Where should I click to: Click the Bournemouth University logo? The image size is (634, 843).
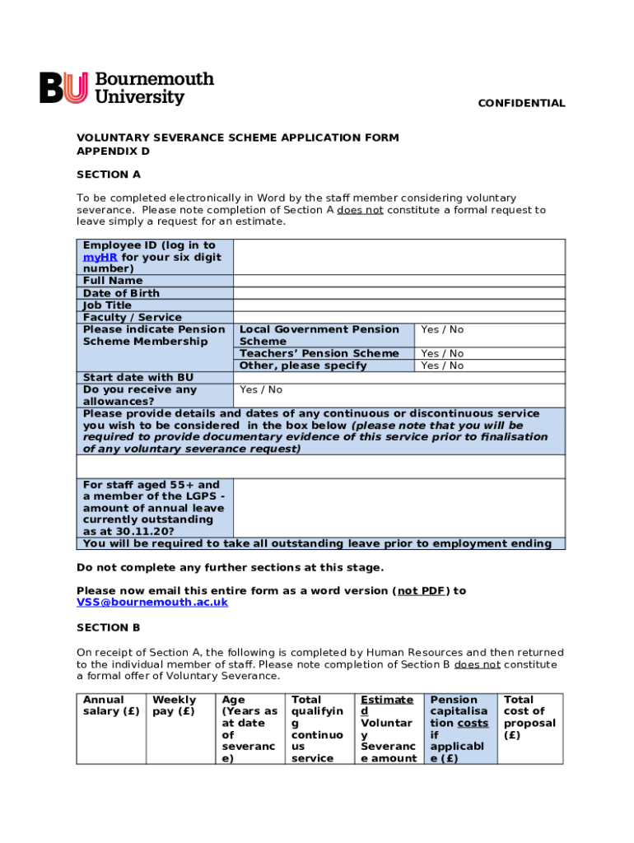click(127, 88)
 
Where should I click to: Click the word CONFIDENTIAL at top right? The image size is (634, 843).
click(522, 103)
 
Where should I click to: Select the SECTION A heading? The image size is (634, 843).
click(109, 175)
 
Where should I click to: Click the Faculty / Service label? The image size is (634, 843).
click(133, 317)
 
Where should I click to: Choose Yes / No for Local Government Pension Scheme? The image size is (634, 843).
click(442, 329)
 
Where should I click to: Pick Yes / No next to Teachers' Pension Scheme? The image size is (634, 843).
click(442, 353)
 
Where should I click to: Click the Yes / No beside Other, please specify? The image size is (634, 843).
click(442, 366)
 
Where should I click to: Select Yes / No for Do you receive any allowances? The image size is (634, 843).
click(261, 389)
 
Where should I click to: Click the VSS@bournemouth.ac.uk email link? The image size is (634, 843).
click(152, 603)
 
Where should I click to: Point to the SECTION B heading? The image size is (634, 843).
click(109, 627)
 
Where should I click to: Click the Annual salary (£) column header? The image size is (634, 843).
click(111, 706)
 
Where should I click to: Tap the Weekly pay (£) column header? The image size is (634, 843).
click(175, 706)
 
